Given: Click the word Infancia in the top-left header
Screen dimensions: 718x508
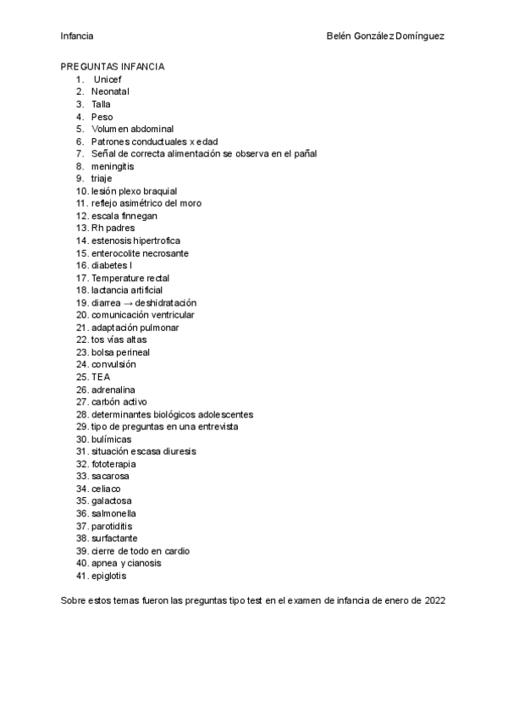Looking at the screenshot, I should pyautogui.click(x=77, y=36).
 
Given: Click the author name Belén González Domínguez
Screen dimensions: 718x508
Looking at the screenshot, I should pyautogui.click(x=386, y=36).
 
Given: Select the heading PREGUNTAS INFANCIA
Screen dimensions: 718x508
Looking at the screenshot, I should pyautogui.click(x=113, y=67).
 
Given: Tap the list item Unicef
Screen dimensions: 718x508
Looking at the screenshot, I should pyautogui.click(x=108, y=79).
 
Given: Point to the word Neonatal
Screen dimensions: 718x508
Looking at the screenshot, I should pyautogui.click(x=110, y=91).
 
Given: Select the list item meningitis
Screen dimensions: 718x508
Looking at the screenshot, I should pyautogui.click(x=113, y=166).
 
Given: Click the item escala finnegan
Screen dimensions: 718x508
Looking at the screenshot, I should pyautogui.click(x=124, y=216).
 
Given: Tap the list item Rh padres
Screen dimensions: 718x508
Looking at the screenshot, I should pyautogui.click(x=113, y=228).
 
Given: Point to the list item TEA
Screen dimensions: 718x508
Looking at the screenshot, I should pyautogui.click(x=101, y=377).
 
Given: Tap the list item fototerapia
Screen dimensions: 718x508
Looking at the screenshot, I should pyautogui.click(x=113, y=464).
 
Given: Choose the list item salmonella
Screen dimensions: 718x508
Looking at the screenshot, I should pyautogui.click(x=113, y=513).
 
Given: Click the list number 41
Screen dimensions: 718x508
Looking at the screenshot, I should pyautogui.click(x=81, y=576).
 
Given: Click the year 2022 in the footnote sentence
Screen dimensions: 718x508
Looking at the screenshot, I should pyautogui.click(x=433, y=600).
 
